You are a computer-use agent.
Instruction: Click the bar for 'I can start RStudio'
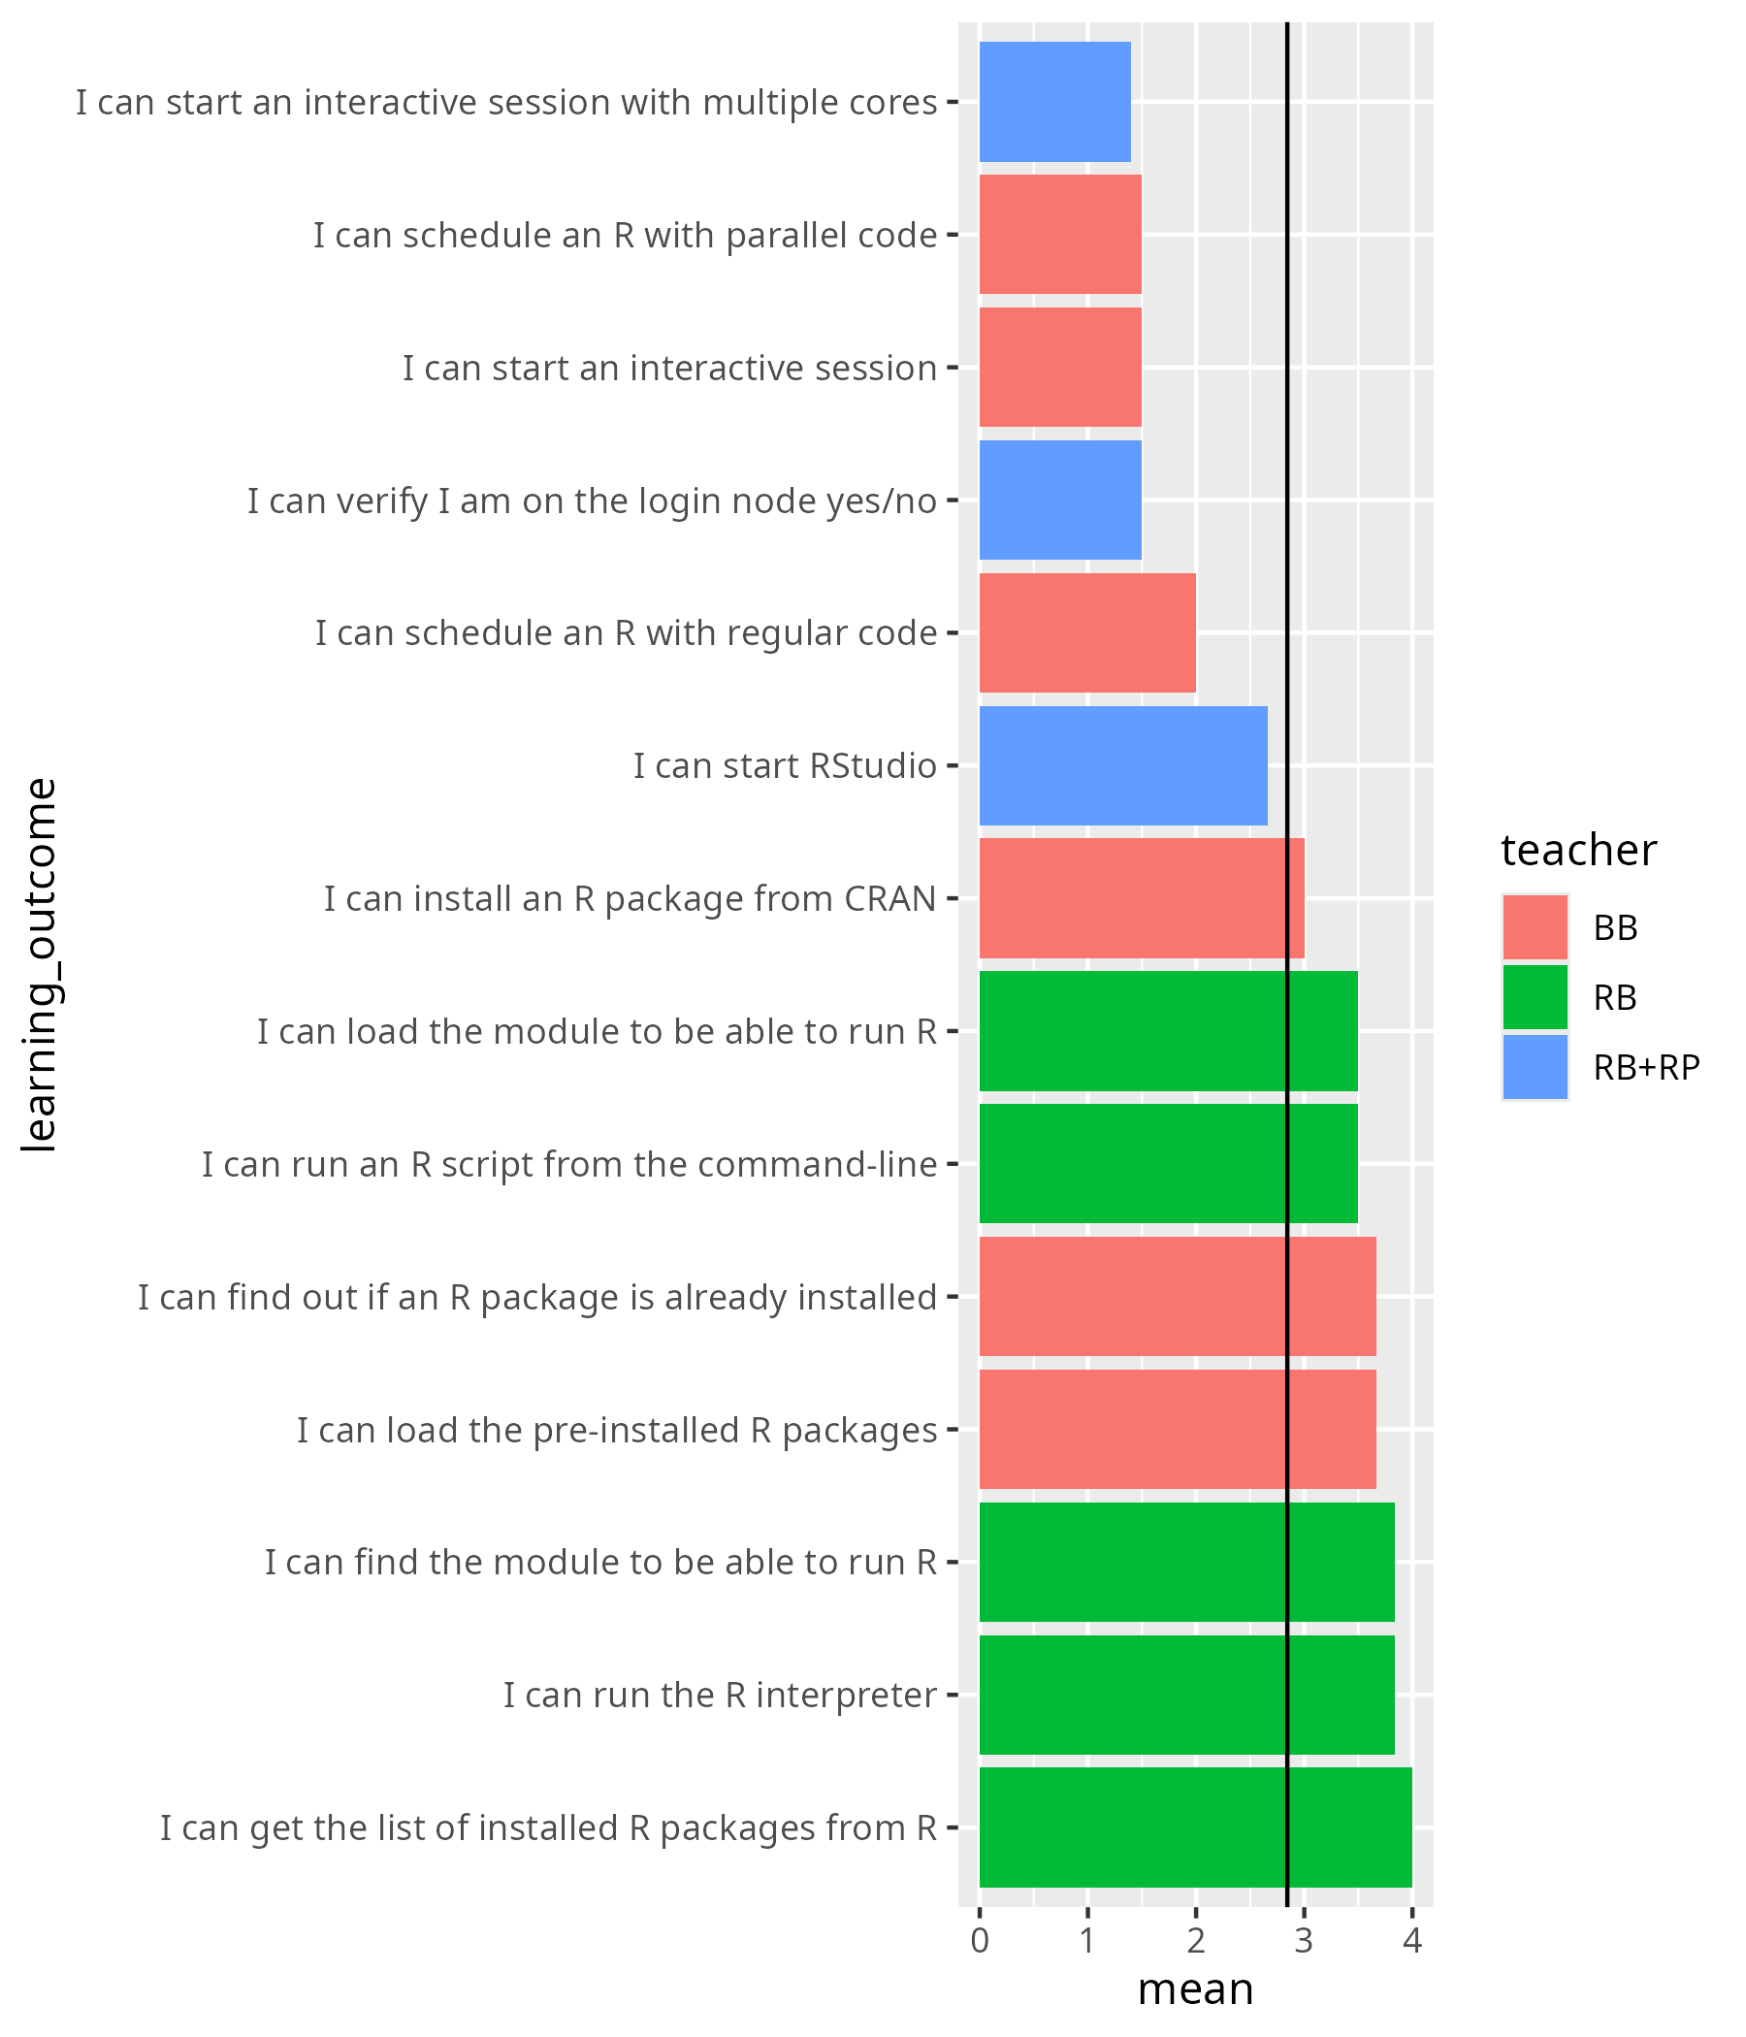[x=1122, y=765]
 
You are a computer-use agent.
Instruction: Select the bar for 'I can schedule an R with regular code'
[x=1086, y=632]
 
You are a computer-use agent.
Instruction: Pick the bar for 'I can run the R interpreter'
[x=1185, y=1694]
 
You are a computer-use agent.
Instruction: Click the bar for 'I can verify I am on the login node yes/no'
[x=1060, y=500]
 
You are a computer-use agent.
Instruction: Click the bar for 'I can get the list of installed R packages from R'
[x=1194, y=1827]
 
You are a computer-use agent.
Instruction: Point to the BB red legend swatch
[x=1535, y=926]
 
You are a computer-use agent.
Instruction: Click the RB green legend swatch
[x=1535, y=996]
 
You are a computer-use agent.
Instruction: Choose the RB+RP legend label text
[x=1646, y=1067]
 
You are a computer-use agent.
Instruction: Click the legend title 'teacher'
[x=1578, y=850]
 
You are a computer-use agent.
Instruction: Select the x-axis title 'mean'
[x=1195, y=1989]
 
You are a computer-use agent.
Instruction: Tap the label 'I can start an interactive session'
[x=668, y=368]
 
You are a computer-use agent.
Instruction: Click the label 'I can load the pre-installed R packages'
[x=616, y=1430]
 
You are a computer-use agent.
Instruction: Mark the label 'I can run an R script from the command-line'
[x=569, y=1164]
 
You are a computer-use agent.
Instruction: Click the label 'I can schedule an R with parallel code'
[x=625, y=235]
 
